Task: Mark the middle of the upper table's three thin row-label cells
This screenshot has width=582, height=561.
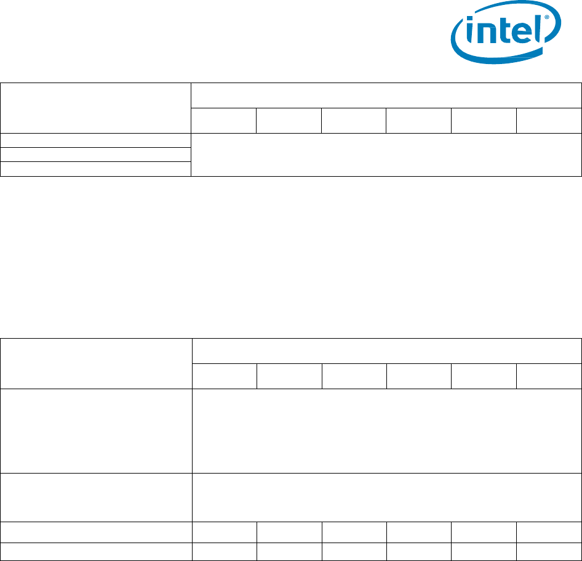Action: (x=96, y=155)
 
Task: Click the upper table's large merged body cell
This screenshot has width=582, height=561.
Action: (x=386, y=155)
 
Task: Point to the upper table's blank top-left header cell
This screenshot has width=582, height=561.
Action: (x=96, y=108)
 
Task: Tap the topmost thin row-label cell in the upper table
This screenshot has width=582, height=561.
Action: (x=96, y=140)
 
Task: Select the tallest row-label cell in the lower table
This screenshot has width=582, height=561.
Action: (x=96, y=430)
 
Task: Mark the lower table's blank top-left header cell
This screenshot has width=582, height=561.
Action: (x=96, y=363)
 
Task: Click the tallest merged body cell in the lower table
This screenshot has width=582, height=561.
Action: (x=386, y=430)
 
